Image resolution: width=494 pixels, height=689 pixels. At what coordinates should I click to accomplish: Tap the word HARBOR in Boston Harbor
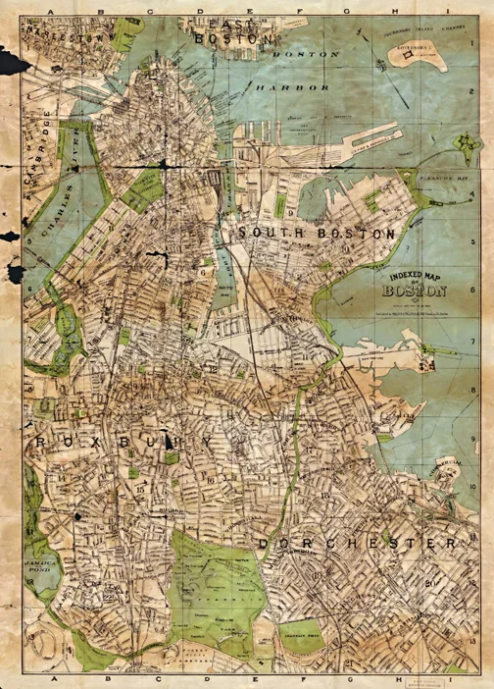[x=292, y=87]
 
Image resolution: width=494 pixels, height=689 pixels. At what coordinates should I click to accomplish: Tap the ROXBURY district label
[x=118, y=444]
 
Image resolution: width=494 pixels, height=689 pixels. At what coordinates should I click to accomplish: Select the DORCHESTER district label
[x=358, y=543]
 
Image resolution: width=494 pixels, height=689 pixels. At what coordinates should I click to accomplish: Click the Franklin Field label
[x=299, y=637]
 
